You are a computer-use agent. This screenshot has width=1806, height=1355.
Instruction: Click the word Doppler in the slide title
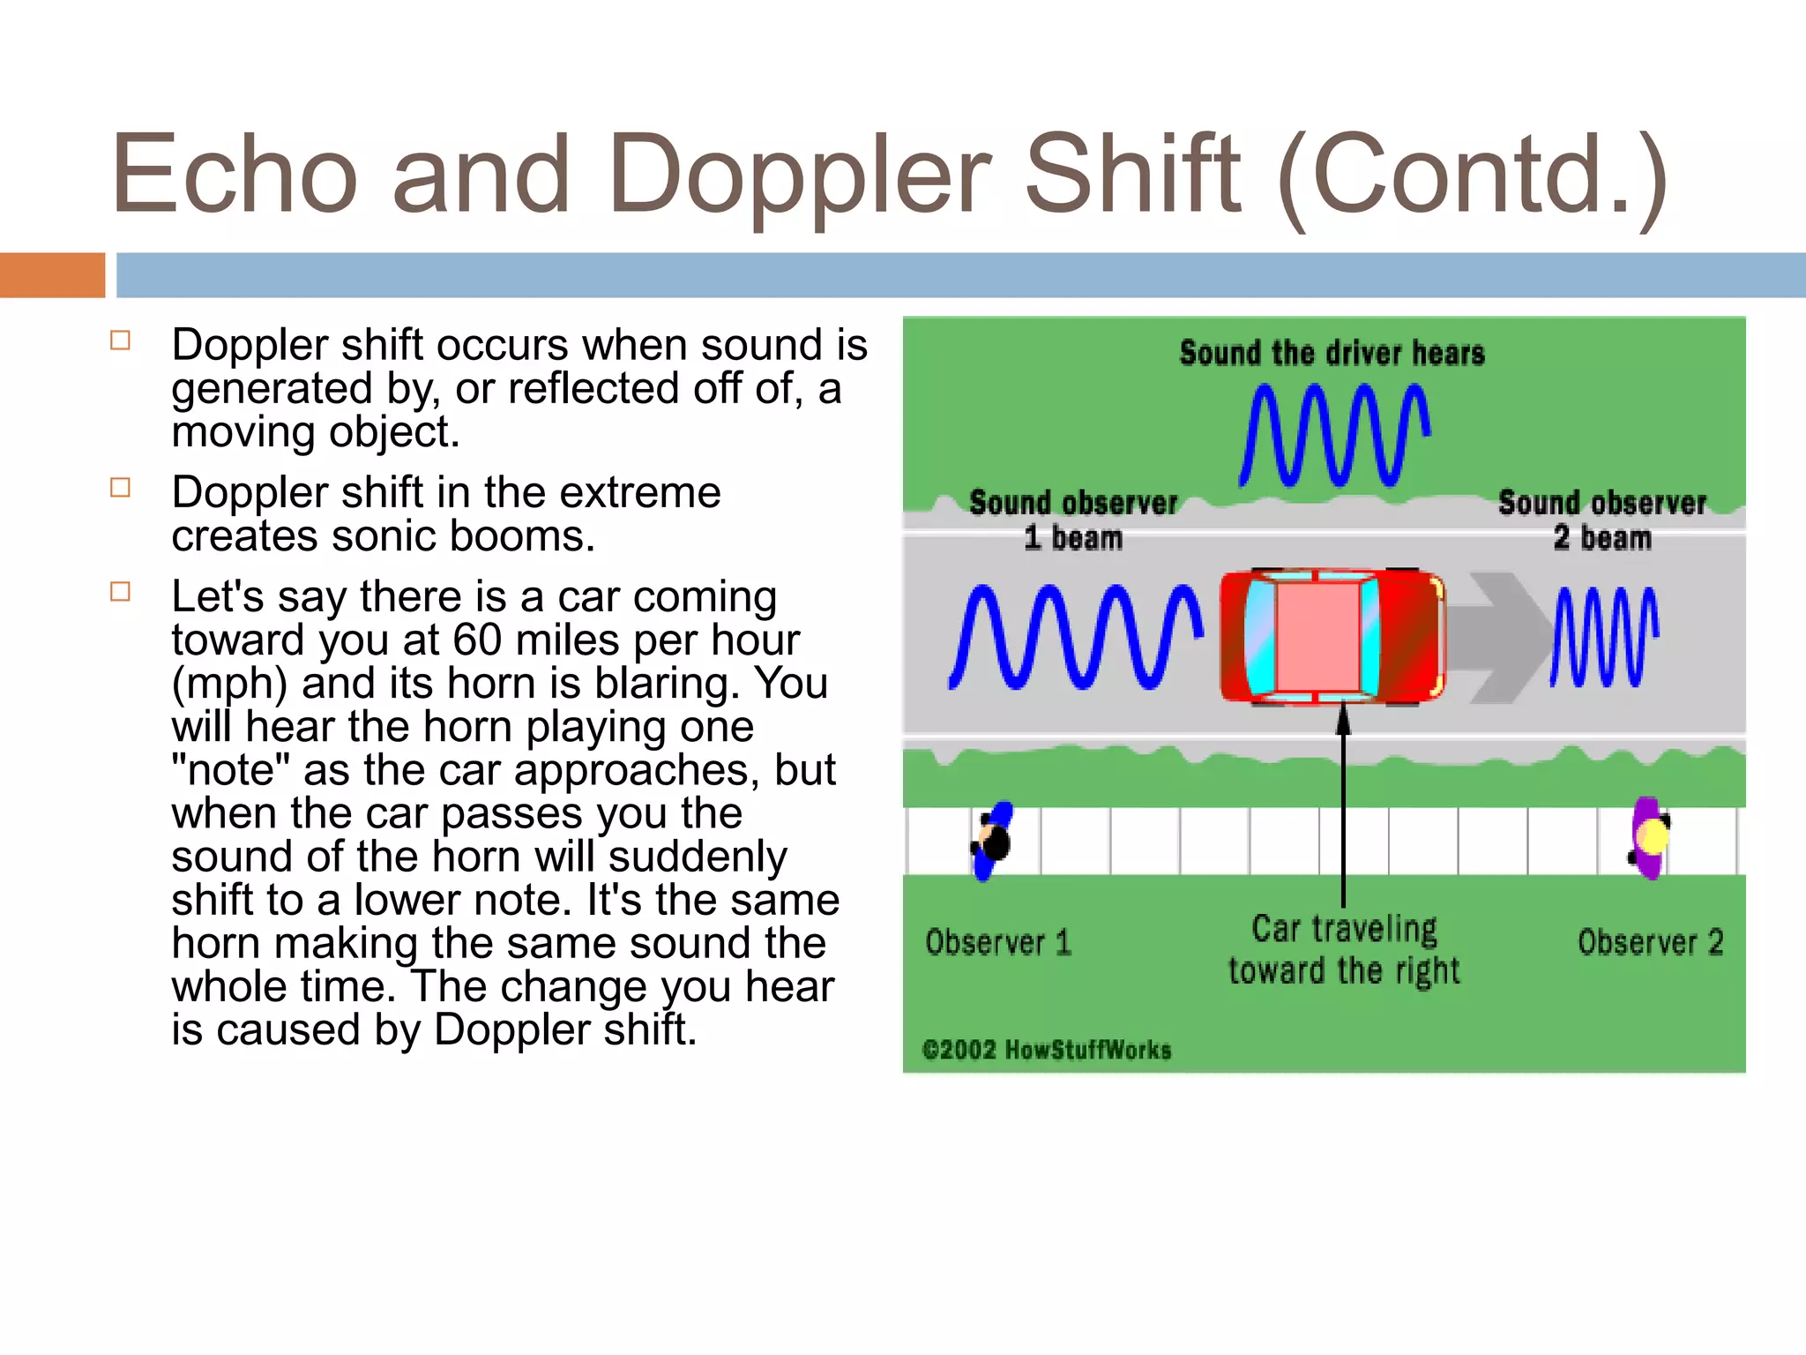pyautogui.click(x=798, y=176)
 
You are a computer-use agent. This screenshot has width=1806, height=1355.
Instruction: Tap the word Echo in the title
pyautogui.click(x=235, y=175)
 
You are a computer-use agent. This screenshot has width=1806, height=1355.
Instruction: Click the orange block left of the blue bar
pyautogui.click(x=52, y=274)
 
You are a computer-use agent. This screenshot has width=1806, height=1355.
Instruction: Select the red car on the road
pyautogui.click(x=1332, y=636)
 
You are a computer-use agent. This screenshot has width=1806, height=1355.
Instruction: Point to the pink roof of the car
pyautogui.click(x=1317, y=636)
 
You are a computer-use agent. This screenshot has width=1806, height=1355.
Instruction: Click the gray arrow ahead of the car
pyautogui.click(x=1499, y=637)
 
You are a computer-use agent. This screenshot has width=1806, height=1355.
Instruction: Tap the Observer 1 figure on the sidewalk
pyautogui.click(x=993, y=841)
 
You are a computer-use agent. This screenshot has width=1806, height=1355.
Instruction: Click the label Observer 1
pyautogui.click(x=997, y=942)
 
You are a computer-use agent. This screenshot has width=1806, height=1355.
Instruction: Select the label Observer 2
pyautogui.click(x=1650, y=942)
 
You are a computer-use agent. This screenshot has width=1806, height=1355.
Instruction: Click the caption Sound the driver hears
pyautogui.click(x=1332, y=353)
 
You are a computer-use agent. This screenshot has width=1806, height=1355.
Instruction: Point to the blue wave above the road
pyautogui.click(x=1333, y=435)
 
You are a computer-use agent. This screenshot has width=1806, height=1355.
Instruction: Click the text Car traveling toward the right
pyautogui.click(x=1344, y=949)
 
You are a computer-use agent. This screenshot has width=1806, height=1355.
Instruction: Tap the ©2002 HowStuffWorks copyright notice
pyautogui.click(x=1047, y=1050)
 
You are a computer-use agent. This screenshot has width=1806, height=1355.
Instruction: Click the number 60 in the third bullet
pyautogui.click(x=477, y=640)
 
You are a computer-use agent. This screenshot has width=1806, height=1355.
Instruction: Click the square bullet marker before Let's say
pyautogui.click(x=121, y=591)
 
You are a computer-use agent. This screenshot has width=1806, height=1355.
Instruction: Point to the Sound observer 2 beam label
pyautogui.click(x=1601, y=520)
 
